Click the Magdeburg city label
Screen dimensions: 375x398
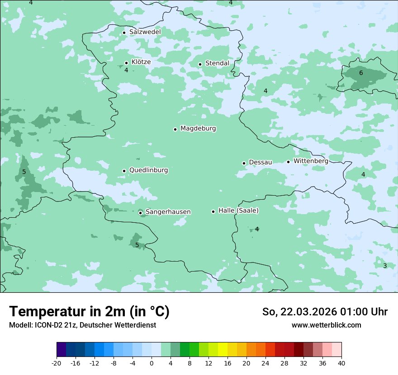(x=198, y=129)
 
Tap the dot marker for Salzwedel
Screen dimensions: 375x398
(x=124, y=33)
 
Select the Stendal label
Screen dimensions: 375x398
(x=217, y=63)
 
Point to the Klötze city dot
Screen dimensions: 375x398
(x=127, y=63)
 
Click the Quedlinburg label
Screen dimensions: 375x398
(x=148, y=170)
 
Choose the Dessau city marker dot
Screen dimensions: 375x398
(x=244, y=163)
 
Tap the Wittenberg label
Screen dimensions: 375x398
(x=311, y=161)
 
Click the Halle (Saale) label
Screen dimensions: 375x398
(x=238, y=211)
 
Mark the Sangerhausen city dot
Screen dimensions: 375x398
(x=141, y=213)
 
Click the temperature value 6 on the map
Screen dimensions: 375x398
(x=361, y=73)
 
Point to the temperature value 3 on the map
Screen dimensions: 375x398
(x=385, y=266)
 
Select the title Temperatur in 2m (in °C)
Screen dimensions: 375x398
(x=90, y=312)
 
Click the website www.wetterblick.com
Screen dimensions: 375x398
(x=327, y=325)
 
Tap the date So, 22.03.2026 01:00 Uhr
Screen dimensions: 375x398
(x=325, y=312)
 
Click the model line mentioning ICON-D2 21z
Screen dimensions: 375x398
(x=82, y=325)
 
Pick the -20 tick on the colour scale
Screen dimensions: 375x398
(x=57, y=363)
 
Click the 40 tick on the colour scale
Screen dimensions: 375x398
(x=341, y=363)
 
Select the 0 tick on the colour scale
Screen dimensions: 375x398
(x=152, y=363)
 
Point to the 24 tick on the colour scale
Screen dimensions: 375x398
(x=265, y=363)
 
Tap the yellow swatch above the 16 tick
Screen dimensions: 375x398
(x=223, y=350)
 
